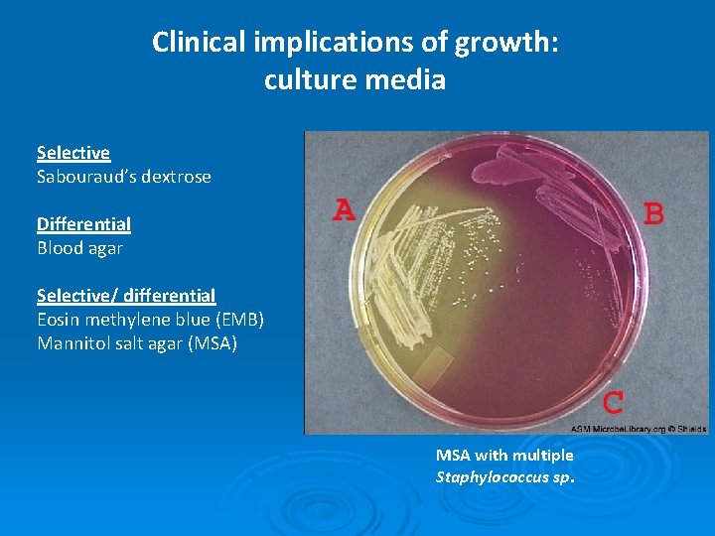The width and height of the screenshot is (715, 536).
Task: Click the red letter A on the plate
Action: coord(344,210)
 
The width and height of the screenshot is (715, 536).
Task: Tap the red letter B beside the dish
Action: coord(654,214)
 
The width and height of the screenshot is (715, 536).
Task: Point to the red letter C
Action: coord(614,403)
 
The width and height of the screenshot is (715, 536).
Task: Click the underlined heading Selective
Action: coord(73,153)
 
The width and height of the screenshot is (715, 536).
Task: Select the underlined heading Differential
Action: coord(83,224)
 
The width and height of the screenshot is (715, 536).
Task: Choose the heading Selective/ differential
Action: coord(126,296)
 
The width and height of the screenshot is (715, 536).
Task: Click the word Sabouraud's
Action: coord(85,177)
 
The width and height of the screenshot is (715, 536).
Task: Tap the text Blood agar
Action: coord(79,248)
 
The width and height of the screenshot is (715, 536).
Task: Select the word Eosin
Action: coord(59,320)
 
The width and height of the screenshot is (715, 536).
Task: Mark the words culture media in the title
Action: coord(355,79)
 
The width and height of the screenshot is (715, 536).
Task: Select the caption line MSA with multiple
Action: coord(504,456)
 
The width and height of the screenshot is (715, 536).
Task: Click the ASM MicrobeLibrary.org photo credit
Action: coord(638,429)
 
